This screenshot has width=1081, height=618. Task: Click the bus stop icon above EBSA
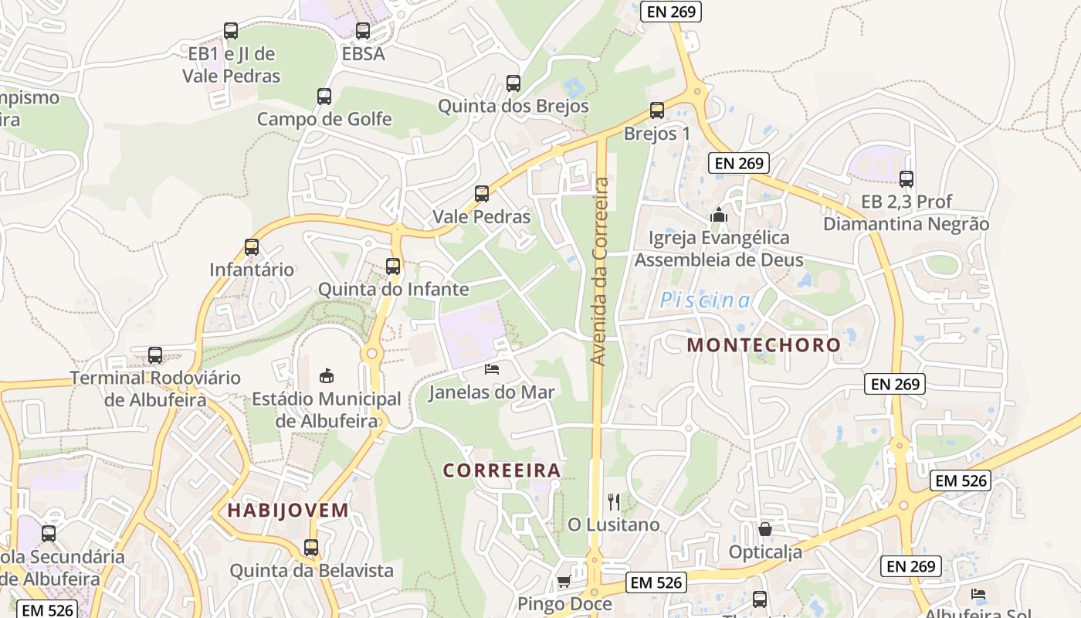[363, 31]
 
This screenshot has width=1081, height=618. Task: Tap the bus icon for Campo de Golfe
[324, 97]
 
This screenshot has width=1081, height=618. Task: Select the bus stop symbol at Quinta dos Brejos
[513, 83]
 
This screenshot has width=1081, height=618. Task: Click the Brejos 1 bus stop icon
[657, 110]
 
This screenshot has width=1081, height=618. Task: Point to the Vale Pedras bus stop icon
[482, 194]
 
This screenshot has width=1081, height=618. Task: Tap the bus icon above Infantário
[252, 247]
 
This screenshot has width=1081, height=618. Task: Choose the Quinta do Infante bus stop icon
[393, 267]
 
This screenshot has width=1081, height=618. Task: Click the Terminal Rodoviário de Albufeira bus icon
[155, 355]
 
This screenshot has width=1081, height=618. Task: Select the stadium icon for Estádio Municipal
[327, 375]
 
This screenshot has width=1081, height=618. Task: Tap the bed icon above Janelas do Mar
[492, 368]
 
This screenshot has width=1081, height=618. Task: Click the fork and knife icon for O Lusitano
[614, 501]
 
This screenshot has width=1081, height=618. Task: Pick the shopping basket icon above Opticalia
[765, 529]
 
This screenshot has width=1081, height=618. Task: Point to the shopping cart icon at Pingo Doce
[564, 581]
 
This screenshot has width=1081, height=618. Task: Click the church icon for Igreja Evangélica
[719, 215]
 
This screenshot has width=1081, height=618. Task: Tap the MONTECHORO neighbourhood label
[764, 345]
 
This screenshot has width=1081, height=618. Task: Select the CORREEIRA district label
[502, 470]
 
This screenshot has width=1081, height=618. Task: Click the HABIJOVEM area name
[288, 510]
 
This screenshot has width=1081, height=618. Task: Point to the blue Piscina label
[705, 301]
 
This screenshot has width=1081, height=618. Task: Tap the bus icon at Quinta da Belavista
[311, 548]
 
